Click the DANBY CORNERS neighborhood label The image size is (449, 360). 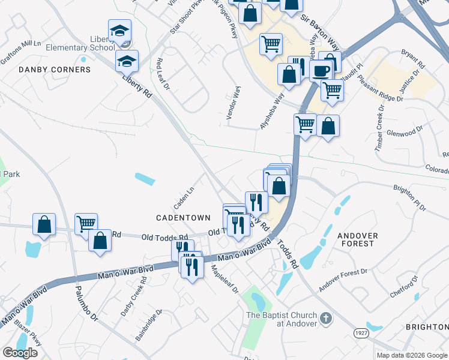(55, 70)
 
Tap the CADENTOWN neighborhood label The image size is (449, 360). (183, 218)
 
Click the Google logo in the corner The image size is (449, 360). (20, 353)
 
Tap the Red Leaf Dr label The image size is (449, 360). (163, 74)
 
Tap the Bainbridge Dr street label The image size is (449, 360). (149, 325)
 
